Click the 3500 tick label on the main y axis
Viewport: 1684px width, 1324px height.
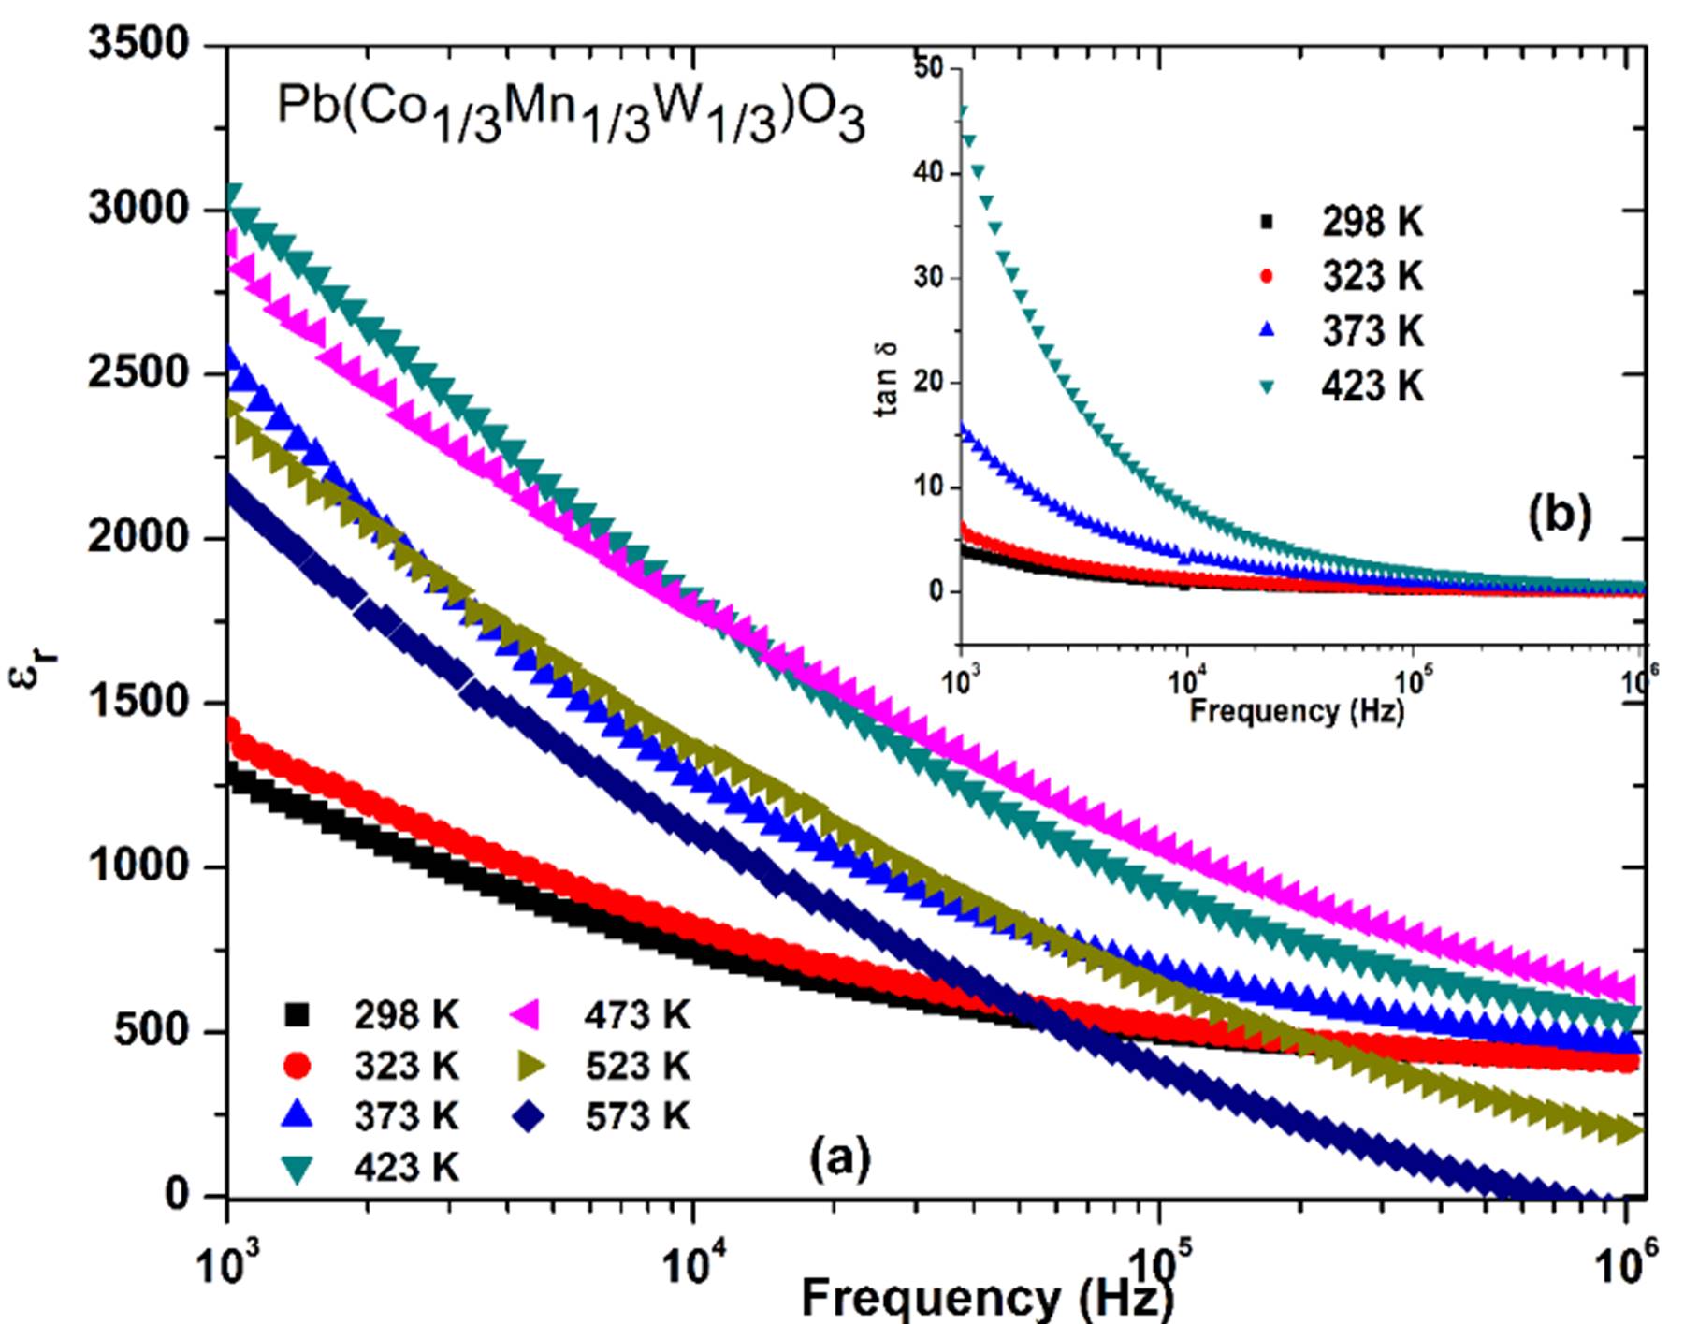(138, 44)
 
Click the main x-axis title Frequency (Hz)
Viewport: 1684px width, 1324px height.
(986, 1299)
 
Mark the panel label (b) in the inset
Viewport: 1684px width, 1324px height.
(1559, 514)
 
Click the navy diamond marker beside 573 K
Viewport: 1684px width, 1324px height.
(530, 1115)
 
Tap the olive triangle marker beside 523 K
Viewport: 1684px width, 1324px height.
(530, 1065)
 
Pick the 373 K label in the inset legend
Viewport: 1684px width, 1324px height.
(1372, 331)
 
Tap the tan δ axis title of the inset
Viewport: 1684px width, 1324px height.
(888, 377)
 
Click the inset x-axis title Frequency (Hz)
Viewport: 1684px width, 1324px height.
(1297, 710)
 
